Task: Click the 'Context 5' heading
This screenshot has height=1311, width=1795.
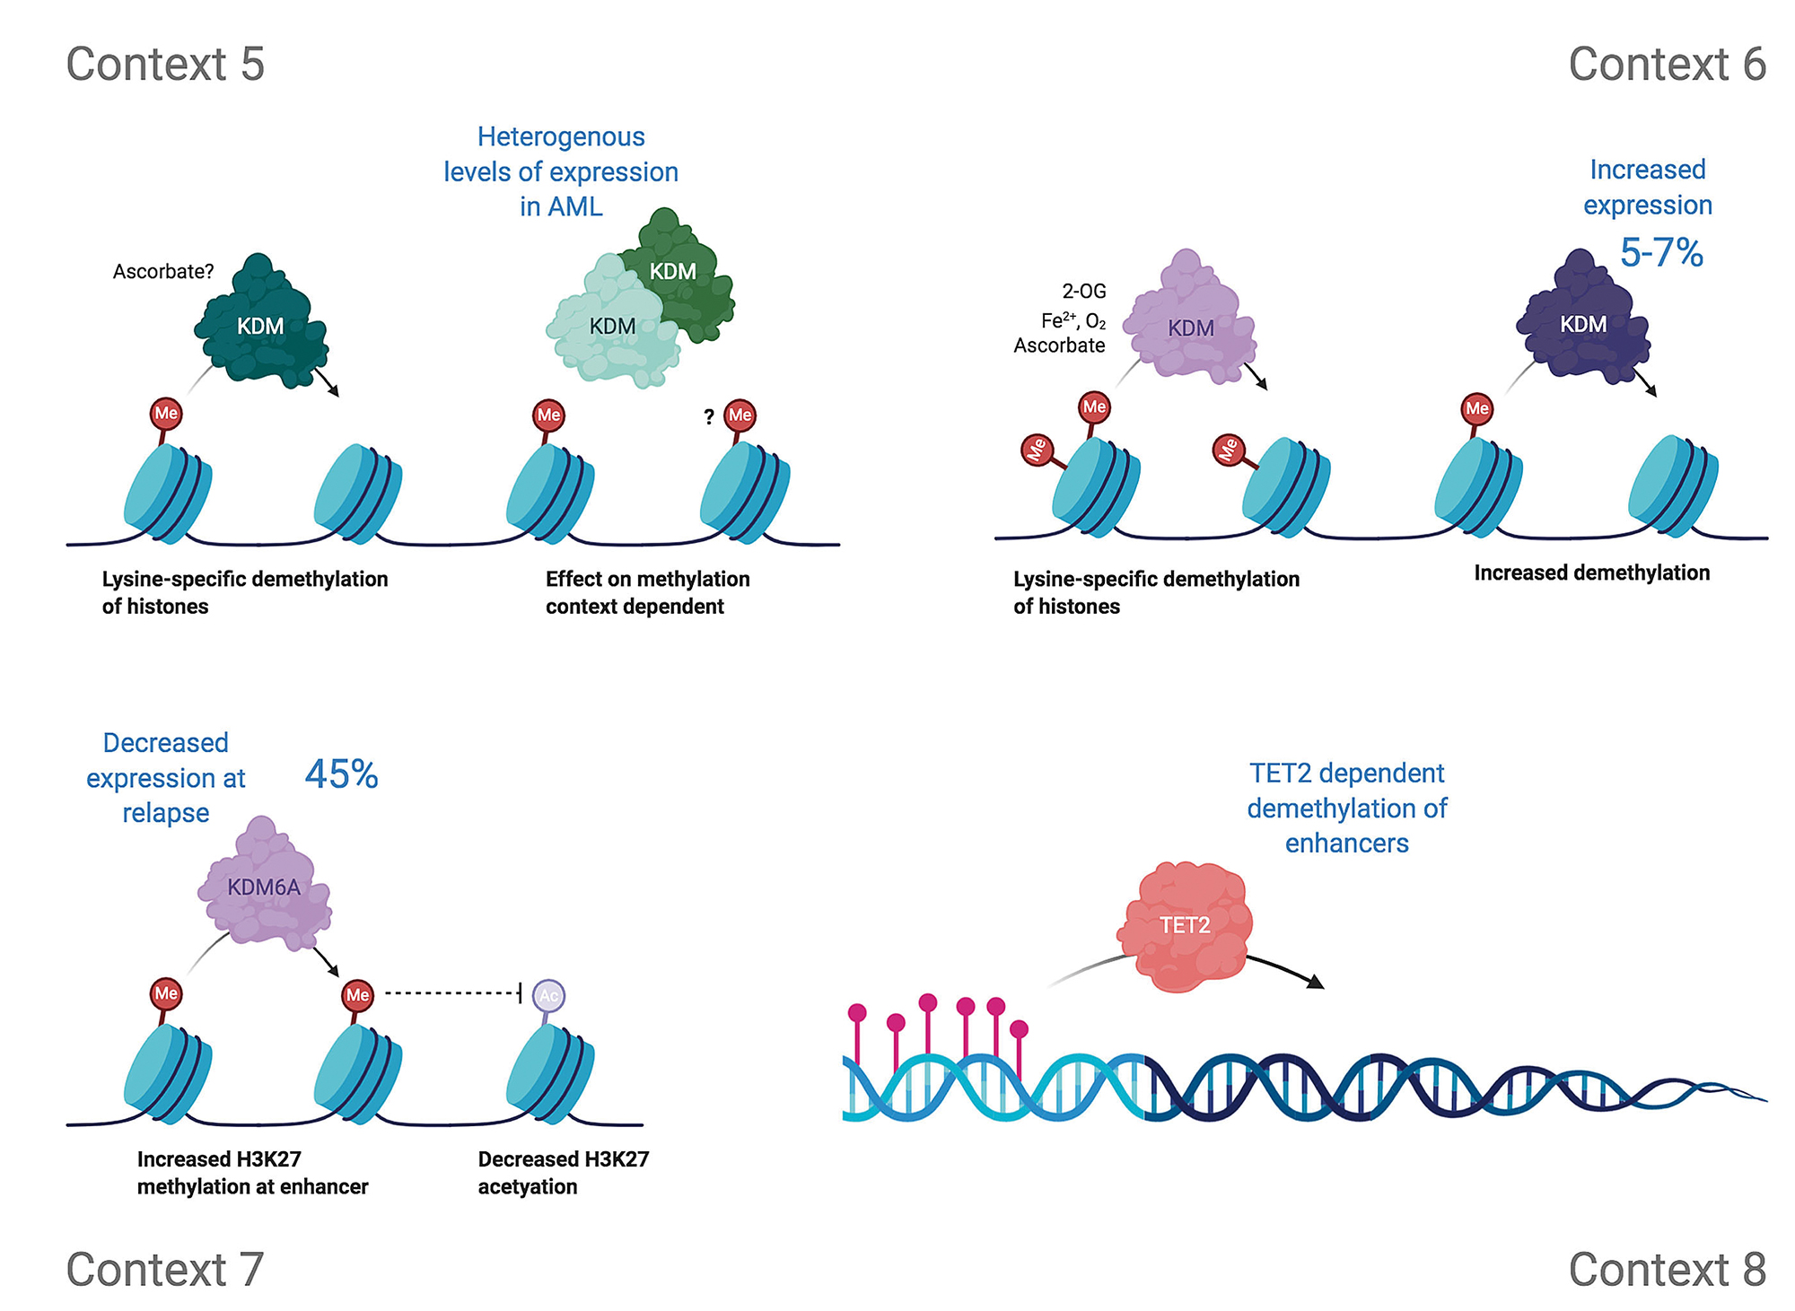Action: coord(165,65)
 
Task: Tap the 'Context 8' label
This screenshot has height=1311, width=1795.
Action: coord(1667,1270)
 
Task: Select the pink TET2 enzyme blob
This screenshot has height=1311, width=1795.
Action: coord(1186,926)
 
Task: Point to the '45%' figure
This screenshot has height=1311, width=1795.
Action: coord(341,774)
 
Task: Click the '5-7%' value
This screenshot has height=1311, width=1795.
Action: coord(1661,252)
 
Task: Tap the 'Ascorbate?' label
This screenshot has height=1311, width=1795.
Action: coord(163,271)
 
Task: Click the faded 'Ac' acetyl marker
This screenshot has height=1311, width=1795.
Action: coord(548,995)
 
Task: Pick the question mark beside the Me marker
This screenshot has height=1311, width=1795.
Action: coord(709,416)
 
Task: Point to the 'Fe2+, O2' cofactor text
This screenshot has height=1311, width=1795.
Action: coord(1073,320)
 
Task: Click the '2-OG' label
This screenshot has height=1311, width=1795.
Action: coord(1084,291)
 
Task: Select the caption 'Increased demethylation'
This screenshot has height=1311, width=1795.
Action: coord(1591,572)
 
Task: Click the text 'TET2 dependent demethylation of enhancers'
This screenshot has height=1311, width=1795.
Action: coord(1346,808)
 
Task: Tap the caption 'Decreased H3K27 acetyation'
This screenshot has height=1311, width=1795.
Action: coord(563,1172)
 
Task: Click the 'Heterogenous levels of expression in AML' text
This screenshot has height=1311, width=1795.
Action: coord(561,171)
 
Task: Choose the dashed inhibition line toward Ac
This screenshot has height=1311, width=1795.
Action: coord(451,992)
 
